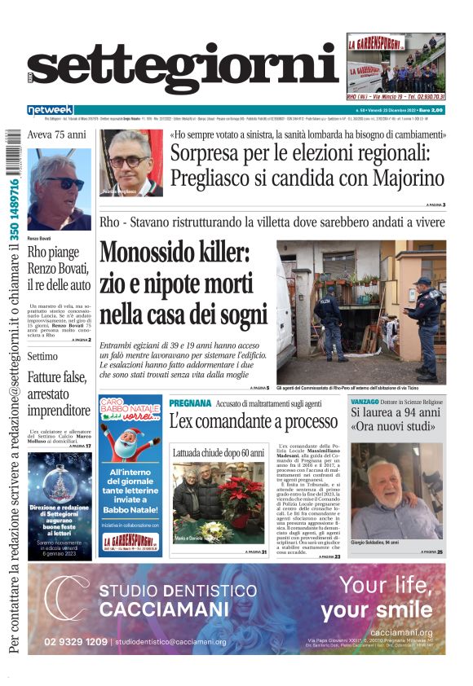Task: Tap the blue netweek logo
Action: tap(51, 109)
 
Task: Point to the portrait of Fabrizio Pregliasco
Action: tap(130, 162)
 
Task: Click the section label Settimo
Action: tap(42, 356)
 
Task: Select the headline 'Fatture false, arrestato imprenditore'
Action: tap(59, 393)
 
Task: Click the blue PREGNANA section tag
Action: tap(190, 403)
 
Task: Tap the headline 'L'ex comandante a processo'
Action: tap(253, 421)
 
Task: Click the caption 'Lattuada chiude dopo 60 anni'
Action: tap(219, 452)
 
